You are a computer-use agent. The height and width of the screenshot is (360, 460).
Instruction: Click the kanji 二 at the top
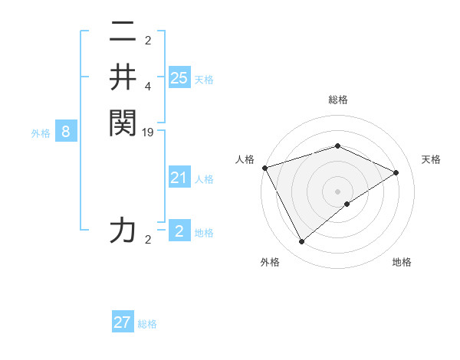click(122, 34)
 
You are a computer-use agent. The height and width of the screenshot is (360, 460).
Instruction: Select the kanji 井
click(122, 77)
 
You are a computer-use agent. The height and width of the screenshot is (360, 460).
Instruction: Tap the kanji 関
click(122, 123)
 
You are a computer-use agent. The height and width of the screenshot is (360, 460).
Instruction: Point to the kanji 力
click(122, 231)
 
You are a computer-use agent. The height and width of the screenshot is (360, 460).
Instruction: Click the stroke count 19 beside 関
click(149, 133)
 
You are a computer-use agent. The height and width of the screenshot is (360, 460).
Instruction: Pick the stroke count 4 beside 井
click(148, 87)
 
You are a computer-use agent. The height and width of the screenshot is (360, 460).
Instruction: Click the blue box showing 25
click(179, 77)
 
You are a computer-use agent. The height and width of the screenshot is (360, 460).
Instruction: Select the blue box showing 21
click(179, 178)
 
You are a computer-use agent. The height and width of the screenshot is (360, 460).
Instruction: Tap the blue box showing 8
click(66, 132)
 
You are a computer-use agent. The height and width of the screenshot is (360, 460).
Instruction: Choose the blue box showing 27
click(123, 322)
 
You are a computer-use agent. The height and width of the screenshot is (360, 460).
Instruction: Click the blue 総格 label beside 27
click(147, 324)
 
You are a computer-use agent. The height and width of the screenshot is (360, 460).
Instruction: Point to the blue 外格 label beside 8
click(41, 133)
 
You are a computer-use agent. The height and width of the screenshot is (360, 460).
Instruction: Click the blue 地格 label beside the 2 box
click(204, 233)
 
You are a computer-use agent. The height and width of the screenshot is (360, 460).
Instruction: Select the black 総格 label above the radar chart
click(337, 100)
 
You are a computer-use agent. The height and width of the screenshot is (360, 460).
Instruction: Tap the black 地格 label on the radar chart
click(402, 263)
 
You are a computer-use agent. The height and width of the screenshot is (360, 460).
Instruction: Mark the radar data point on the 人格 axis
click(264, 168)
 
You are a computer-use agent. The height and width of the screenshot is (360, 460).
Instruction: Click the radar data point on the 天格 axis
click(396, 172)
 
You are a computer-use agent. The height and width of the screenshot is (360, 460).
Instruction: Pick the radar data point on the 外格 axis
click(301, 242)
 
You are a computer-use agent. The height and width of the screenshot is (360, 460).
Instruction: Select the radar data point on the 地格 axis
click(347, 204)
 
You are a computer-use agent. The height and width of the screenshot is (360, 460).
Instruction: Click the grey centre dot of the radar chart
click(337, 191)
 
